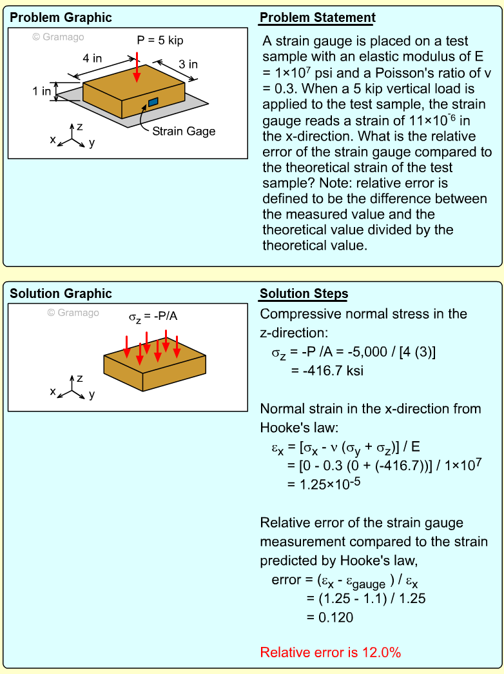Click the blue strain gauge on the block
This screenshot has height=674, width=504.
[x=153, y=102]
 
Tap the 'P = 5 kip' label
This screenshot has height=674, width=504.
[x=160, y=41]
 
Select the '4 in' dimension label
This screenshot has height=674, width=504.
[x=92, y=58]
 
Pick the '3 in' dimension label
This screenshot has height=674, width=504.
[x=188, y=64]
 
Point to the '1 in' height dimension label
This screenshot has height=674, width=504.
[x=42, y=92]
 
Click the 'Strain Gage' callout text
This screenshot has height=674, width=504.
[x=184, y=131]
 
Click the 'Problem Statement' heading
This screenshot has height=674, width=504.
[x=317, y=17]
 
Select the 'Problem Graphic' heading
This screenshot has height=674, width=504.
[x=61, y=17]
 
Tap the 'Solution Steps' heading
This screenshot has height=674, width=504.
[x=304, y=294]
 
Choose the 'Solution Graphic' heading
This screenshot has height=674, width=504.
[x=61, y=294]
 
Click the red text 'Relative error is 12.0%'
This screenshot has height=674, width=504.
[x=330, y=652]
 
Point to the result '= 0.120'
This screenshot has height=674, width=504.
[x=329, y=617]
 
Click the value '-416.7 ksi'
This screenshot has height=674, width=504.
[x=321, y=370]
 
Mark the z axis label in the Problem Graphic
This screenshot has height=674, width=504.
[x=79, y=126]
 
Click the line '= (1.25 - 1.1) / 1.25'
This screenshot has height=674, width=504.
[x=365, y=599]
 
